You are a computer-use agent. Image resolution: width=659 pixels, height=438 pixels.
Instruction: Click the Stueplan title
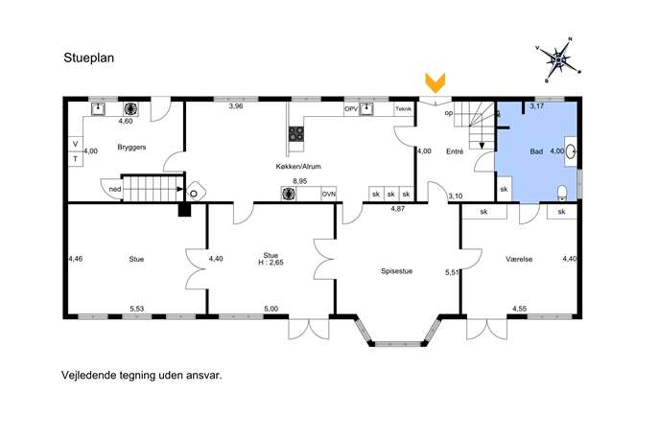pos(88,58)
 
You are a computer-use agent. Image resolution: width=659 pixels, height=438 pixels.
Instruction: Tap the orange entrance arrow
pos(435,82)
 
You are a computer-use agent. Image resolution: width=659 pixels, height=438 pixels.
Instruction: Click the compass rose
pos(558,60)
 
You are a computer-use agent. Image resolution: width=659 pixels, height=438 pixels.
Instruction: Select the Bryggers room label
pos(131,148)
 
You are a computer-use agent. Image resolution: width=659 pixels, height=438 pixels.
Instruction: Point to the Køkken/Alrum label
pos(298,167)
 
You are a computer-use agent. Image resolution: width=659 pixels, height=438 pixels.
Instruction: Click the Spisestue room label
pos(397,271)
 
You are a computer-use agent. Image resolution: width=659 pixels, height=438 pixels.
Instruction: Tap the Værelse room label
pos(519,259)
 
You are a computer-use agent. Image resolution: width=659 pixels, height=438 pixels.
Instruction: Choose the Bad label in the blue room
pos(536,151)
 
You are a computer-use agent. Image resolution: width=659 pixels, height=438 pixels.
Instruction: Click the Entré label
pos(455,151)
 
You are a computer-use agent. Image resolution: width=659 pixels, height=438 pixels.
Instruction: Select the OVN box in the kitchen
pos(329,194)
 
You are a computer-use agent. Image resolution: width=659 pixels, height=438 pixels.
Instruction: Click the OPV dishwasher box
pos(351,109)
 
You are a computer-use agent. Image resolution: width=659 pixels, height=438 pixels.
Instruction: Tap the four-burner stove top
pos(295,134)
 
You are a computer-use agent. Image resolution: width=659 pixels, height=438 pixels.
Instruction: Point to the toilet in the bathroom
pos(562,193)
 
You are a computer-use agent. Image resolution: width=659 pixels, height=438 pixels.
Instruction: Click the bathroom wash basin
pos(571,151)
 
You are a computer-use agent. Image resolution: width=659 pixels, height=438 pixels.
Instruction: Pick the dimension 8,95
pos(299,181)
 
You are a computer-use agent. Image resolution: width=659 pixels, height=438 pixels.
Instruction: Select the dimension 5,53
pos(136,309)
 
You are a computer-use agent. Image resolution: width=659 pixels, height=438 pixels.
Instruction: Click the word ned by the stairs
pos(115,190)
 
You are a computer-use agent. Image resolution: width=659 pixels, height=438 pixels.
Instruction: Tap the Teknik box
pos(404,109)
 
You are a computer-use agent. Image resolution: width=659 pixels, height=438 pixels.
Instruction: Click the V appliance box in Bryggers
pos(76,144)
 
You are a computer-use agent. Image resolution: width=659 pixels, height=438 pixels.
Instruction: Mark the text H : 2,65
pos(271,263)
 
